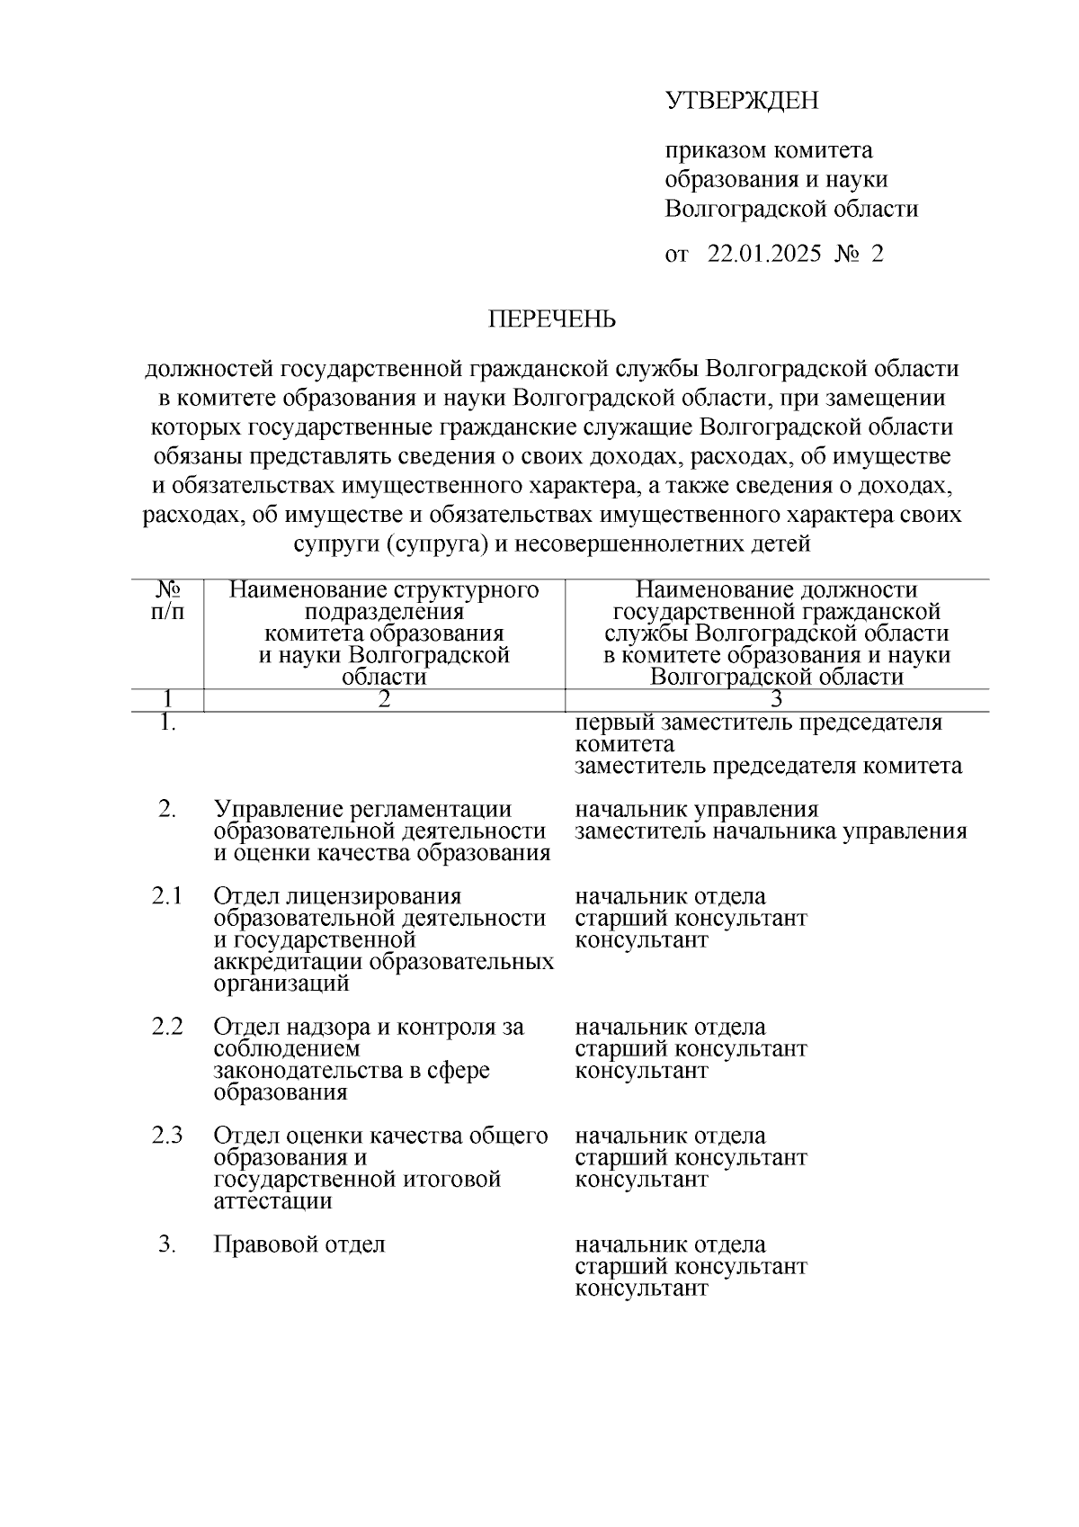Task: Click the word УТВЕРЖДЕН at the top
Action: click(742, 100)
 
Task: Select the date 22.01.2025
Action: click(764, 254)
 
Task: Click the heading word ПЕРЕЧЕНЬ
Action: click(552, 319)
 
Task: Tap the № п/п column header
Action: click(167, 601)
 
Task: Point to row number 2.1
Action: click(167, 896)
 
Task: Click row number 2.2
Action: click(167, 1027)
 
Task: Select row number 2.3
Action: click(167, 1136)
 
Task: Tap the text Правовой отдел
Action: click(299, 1244)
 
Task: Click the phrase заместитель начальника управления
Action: click(771, 831)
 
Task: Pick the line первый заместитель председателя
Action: click(758, 723)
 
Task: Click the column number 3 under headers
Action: click(776, 700)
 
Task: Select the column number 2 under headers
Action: click(384, 700)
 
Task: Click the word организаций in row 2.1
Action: click(281, 984)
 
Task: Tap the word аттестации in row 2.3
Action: click(273, 1201)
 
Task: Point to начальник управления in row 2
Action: click(696, 810)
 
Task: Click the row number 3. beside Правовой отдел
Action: click(167, 1244)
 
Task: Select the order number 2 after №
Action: click(877, 254)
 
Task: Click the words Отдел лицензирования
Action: click(337, 896)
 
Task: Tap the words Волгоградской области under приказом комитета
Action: click(791, 210)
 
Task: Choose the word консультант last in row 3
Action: click(641, 1289)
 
